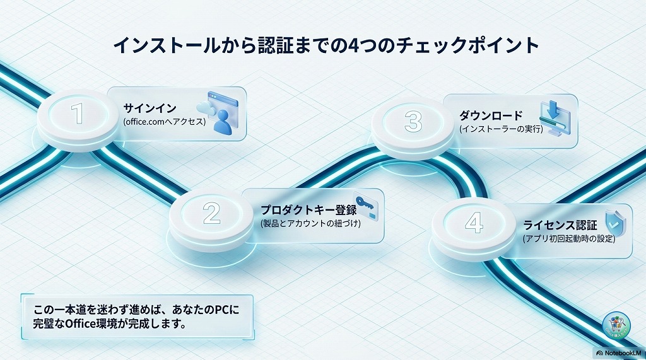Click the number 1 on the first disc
(78, 114)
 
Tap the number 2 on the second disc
(211, 214)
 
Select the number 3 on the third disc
(413, 121)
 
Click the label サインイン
(150, 107)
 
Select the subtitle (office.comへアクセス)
(165, 121)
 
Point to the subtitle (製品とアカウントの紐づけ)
(310, 224)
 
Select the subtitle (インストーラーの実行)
(501, 129)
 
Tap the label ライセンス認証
(560, 225)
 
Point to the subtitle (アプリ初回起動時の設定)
(568, 239)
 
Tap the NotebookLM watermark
(619, 353)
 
